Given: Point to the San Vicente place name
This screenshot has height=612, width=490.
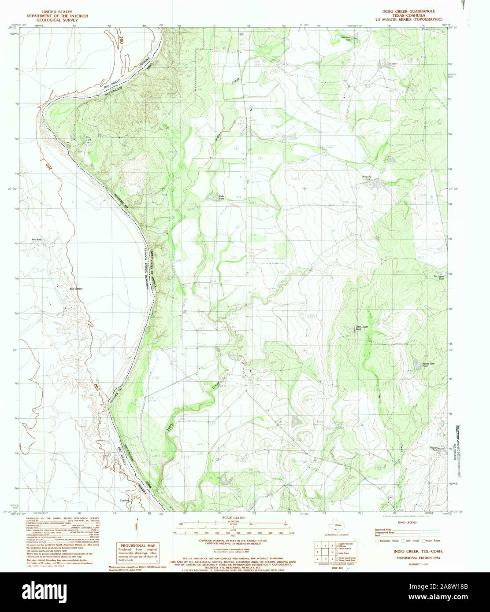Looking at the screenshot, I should (x=76, y=289).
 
